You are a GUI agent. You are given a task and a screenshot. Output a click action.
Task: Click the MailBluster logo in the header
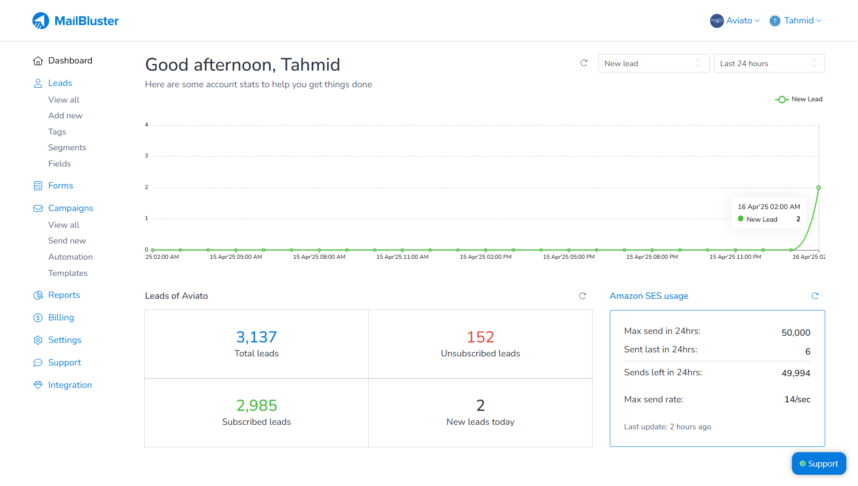76,21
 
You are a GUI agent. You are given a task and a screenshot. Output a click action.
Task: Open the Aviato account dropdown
735,21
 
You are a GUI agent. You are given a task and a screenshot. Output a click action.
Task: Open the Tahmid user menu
796,21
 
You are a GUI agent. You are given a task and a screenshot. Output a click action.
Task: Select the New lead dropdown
653,63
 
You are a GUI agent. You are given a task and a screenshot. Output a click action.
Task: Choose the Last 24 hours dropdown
769,63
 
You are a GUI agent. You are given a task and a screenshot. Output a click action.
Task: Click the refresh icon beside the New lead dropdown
584,63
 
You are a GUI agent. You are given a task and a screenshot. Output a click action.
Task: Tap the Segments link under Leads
67,148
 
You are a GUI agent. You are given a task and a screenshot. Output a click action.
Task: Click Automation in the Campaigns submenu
70,257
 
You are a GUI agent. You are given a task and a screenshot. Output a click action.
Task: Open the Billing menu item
61,318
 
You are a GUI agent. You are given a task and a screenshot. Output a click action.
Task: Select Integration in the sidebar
70,385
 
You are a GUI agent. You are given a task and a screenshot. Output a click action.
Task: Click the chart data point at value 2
818,188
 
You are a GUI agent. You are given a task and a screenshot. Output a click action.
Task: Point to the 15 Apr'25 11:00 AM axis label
402,257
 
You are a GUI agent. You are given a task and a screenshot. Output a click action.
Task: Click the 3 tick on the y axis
146,156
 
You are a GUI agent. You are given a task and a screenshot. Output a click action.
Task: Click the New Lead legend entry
799,99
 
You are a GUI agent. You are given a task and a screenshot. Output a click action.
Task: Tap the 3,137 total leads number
256,337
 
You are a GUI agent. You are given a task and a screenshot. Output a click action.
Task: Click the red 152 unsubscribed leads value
480,337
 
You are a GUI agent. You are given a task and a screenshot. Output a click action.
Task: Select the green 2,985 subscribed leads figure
256,405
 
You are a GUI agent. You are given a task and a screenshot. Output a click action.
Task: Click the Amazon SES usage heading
648,296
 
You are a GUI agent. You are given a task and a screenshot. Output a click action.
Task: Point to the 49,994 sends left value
795,373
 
